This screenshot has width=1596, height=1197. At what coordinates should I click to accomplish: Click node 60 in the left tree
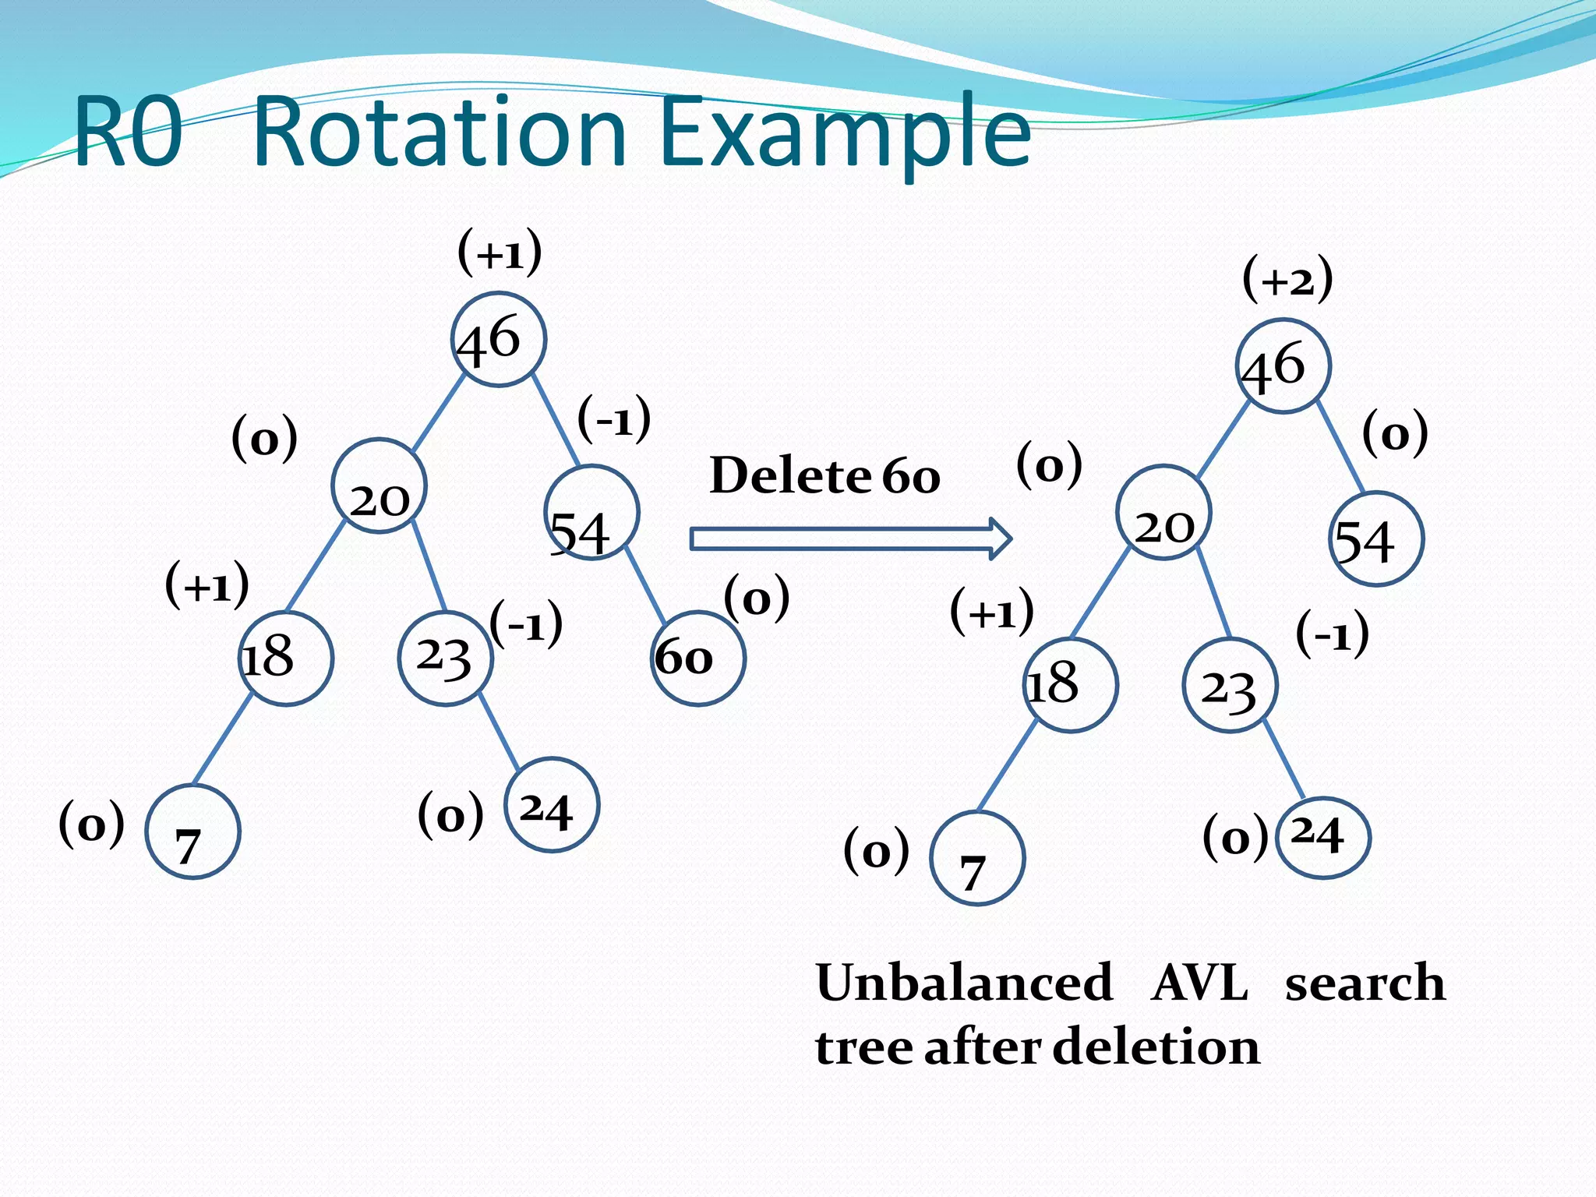(x=697, y=659)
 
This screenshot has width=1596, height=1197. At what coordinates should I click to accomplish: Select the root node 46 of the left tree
(x=499, y=340)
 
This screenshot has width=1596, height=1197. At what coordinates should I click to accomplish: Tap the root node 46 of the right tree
(x=1283, y=366)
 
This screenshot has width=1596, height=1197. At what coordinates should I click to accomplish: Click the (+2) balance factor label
(x=1287, y=279)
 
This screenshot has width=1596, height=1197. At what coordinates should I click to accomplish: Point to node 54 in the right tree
(x=1375, y=538)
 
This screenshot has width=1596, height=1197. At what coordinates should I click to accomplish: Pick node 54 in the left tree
(x=591, y=513)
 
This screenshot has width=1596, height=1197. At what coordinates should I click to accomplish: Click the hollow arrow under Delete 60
(x=849, y=538)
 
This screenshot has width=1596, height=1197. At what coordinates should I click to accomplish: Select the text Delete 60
(x=824, y=475)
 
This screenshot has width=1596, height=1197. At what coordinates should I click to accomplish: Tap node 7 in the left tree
(x=192, y=832)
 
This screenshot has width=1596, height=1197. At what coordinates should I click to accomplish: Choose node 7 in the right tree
(x=977, y=858)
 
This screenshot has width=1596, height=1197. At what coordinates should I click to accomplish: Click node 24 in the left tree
(x=552, y=804)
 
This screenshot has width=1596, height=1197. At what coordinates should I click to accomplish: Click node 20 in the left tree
(x=379, y=486)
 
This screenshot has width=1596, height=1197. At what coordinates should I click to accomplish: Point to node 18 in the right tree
(x=1070, y=685)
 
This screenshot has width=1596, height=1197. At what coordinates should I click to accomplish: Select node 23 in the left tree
(x=445, y=659)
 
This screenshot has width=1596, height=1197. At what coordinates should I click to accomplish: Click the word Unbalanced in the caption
(x=963, y=983)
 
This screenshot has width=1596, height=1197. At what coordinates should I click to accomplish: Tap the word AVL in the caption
(x=1199, y=983)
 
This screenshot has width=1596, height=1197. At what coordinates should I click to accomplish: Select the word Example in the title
(x=845, y=132)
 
